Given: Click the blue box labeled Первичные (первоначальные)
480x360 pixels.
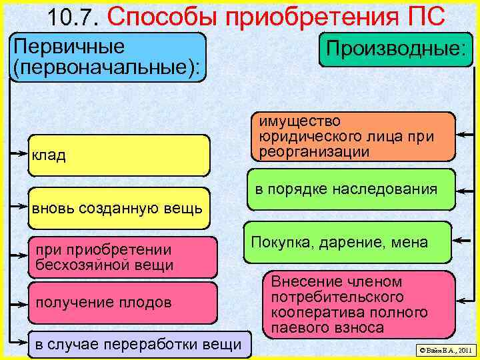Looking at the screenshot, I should pyautogui.click(x=109, y=57).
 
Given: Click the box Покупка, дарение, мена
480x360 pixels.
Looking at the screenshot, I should pyautogui.click(x=347, y=242).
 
